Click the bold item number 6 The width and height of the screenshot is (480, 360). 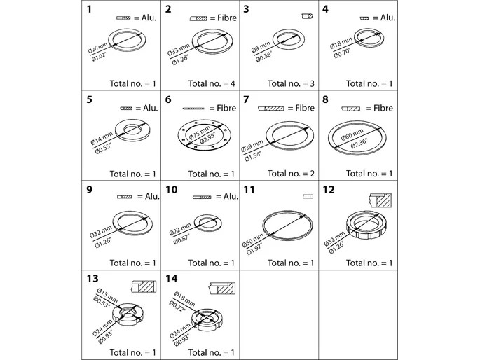pos(168,99)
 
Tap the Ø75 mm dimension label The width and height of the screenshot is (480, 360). pos(200,132)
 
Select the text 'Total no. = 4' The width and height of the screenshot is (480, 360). pos(212,83)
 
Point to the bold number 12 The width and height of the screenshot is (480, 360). pos(329,190)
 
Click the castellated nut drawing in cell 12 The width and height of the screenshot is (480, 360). pos(366,225)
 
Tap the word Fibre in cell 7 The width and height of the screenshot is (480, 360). pos(305,108)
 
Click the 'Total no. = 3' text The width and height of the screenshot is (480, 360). pos(291,83)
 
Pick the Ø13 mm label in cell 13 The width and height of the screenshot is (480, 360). pos(107,295)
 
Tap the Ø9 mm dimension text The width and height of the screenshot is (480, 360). pos(261,48)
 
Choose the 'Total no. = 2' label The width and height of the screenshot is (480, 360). pos(291,174)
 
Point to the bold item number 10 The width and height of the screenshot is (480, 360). pos(172,190)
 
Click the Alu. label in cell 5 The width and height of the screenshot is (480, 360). pos(151,108)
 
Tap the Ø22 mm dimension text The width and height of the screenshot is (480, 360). pos(180,230)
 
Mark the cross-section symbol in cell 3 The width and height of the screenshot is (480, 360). pos(307,16)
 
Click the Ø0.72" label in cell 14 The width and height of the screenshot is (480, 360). pos(177,306)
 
